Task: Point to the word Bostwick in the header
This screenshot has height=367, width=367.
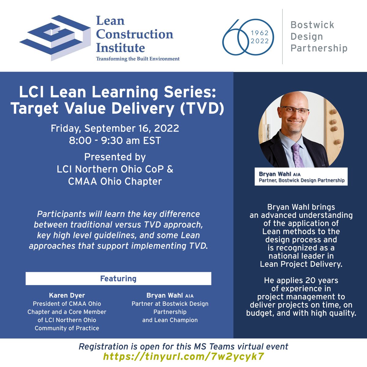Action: click(x=312, y=25)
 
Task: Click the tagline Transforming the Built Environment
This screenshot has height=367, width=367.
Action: click(x=138, y=59)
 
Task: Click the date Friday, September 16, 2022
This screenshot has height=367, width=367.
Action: click(x=115, y=128)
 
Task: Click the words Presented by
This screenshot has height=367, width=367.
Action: click(x=115, y=157)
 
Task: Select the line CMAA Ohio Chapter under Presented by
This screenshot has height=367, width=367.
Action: click(x=115, y=181)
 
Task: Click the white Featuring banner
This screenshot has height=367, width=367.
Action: click(x=118, y=279)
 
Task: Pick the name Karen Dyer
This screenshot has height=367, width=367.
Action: click(x=67, y=295)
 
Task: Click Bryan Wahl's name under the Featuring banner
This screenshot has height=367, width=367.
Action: click(x=165, y=295)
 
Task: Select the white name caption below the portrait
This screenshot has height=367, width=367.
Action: click(x=301, y=177)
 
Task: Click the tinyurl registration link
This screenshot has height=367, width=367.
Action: click(x=183, y=356)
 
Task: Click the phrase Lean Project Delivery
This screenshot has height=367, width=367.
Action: click(x=301, y=264)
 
